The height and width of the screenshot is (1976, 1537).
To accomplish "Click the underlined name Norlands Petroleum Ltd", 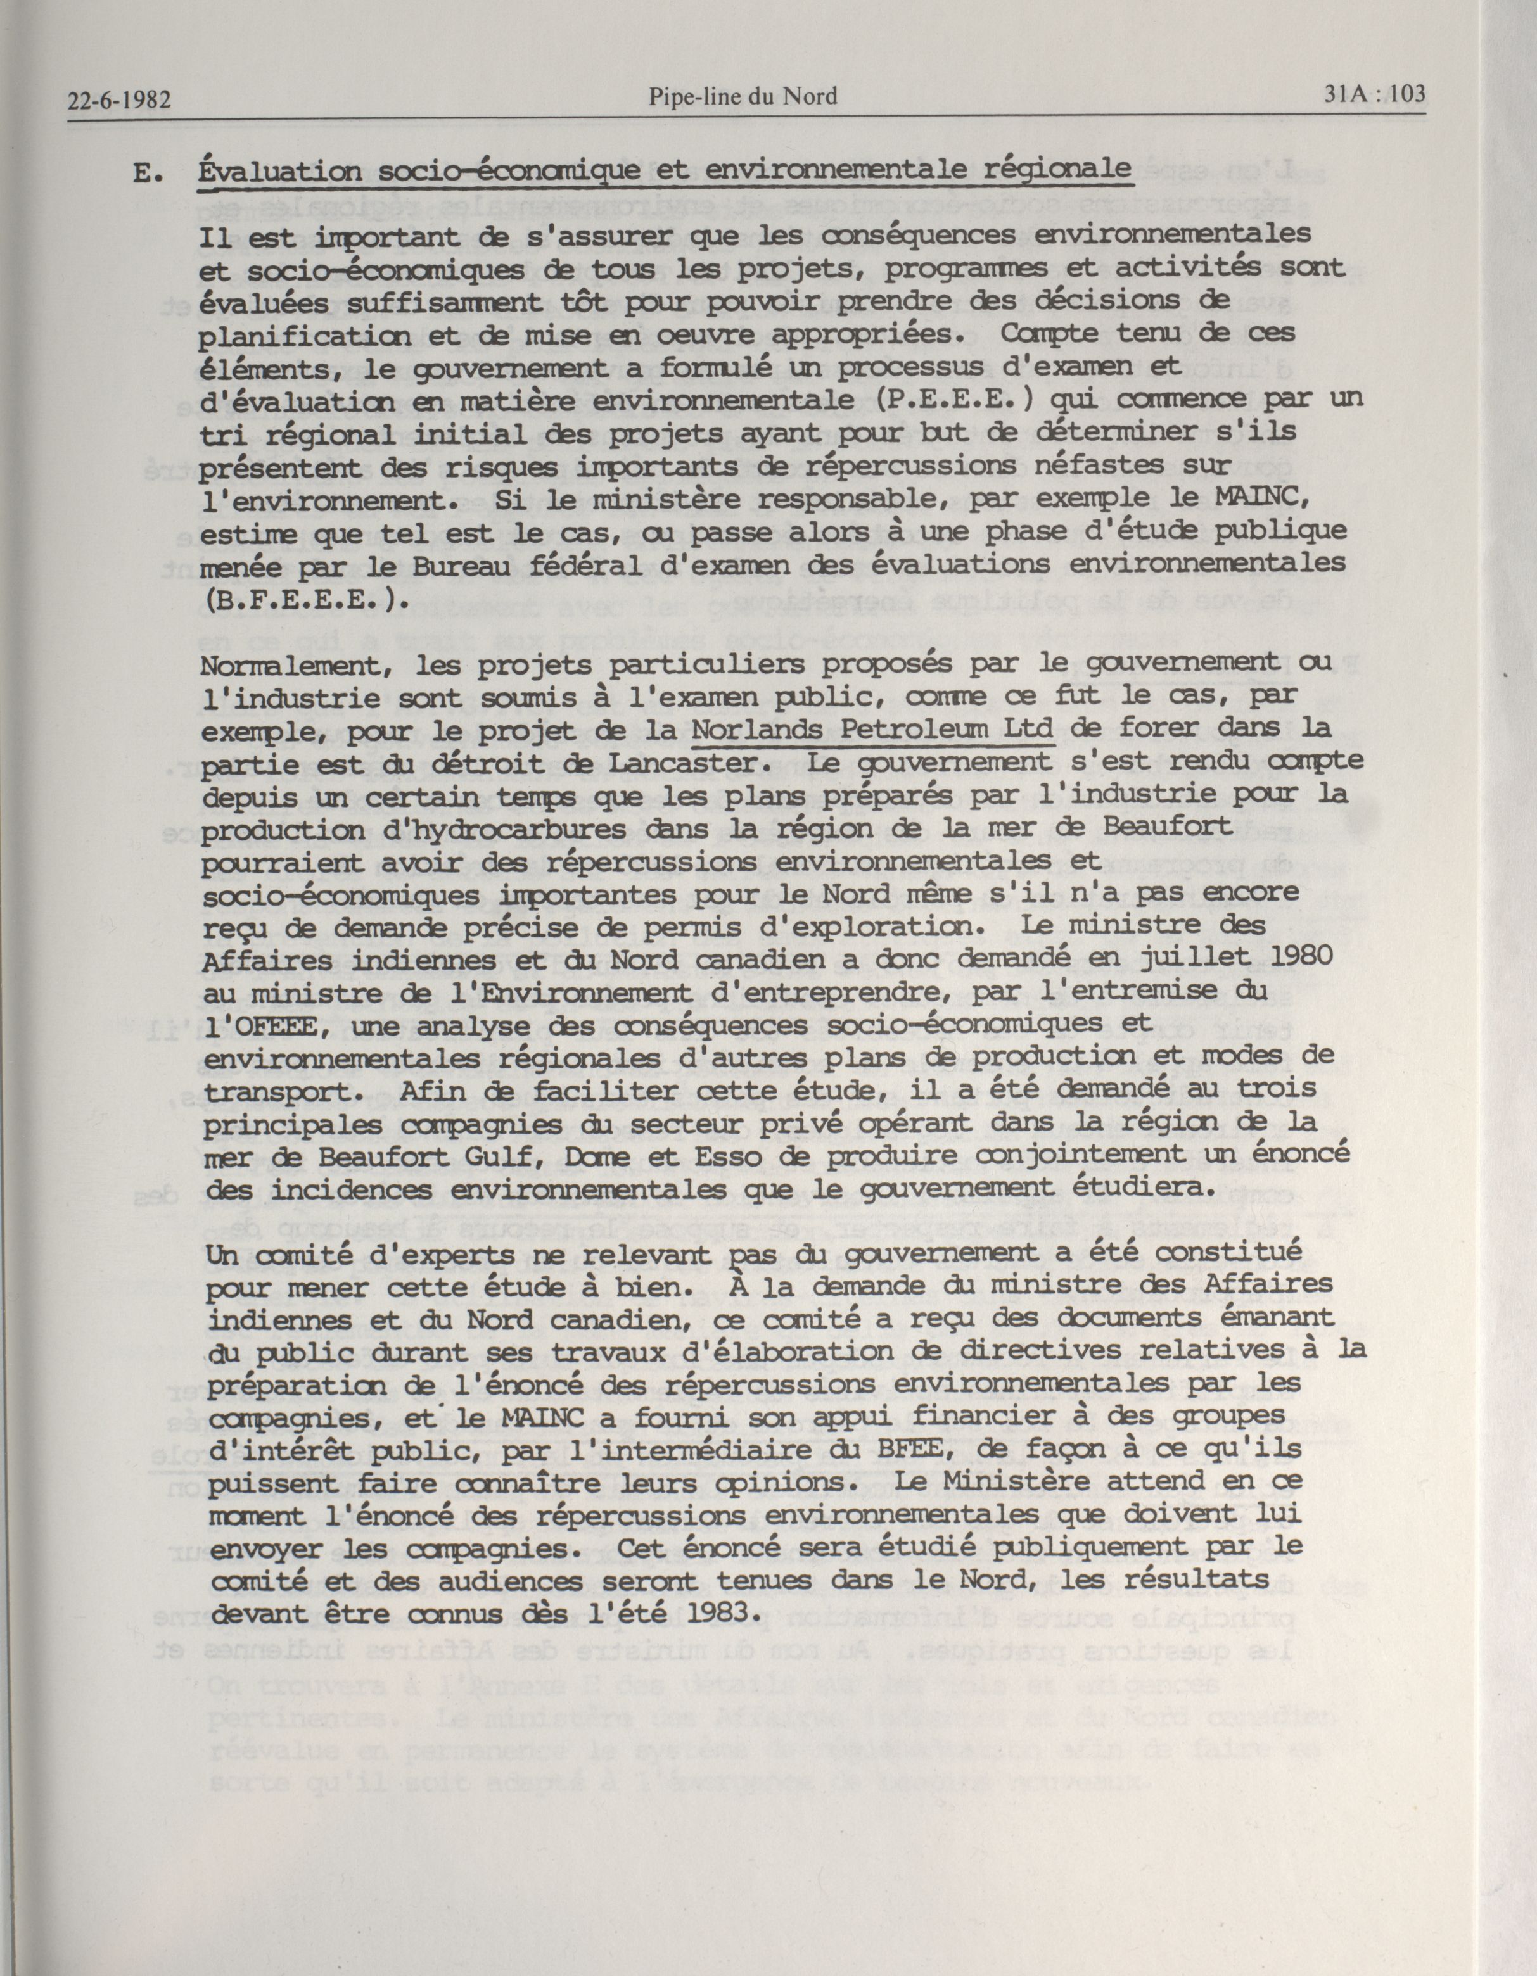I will (872, 728).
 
